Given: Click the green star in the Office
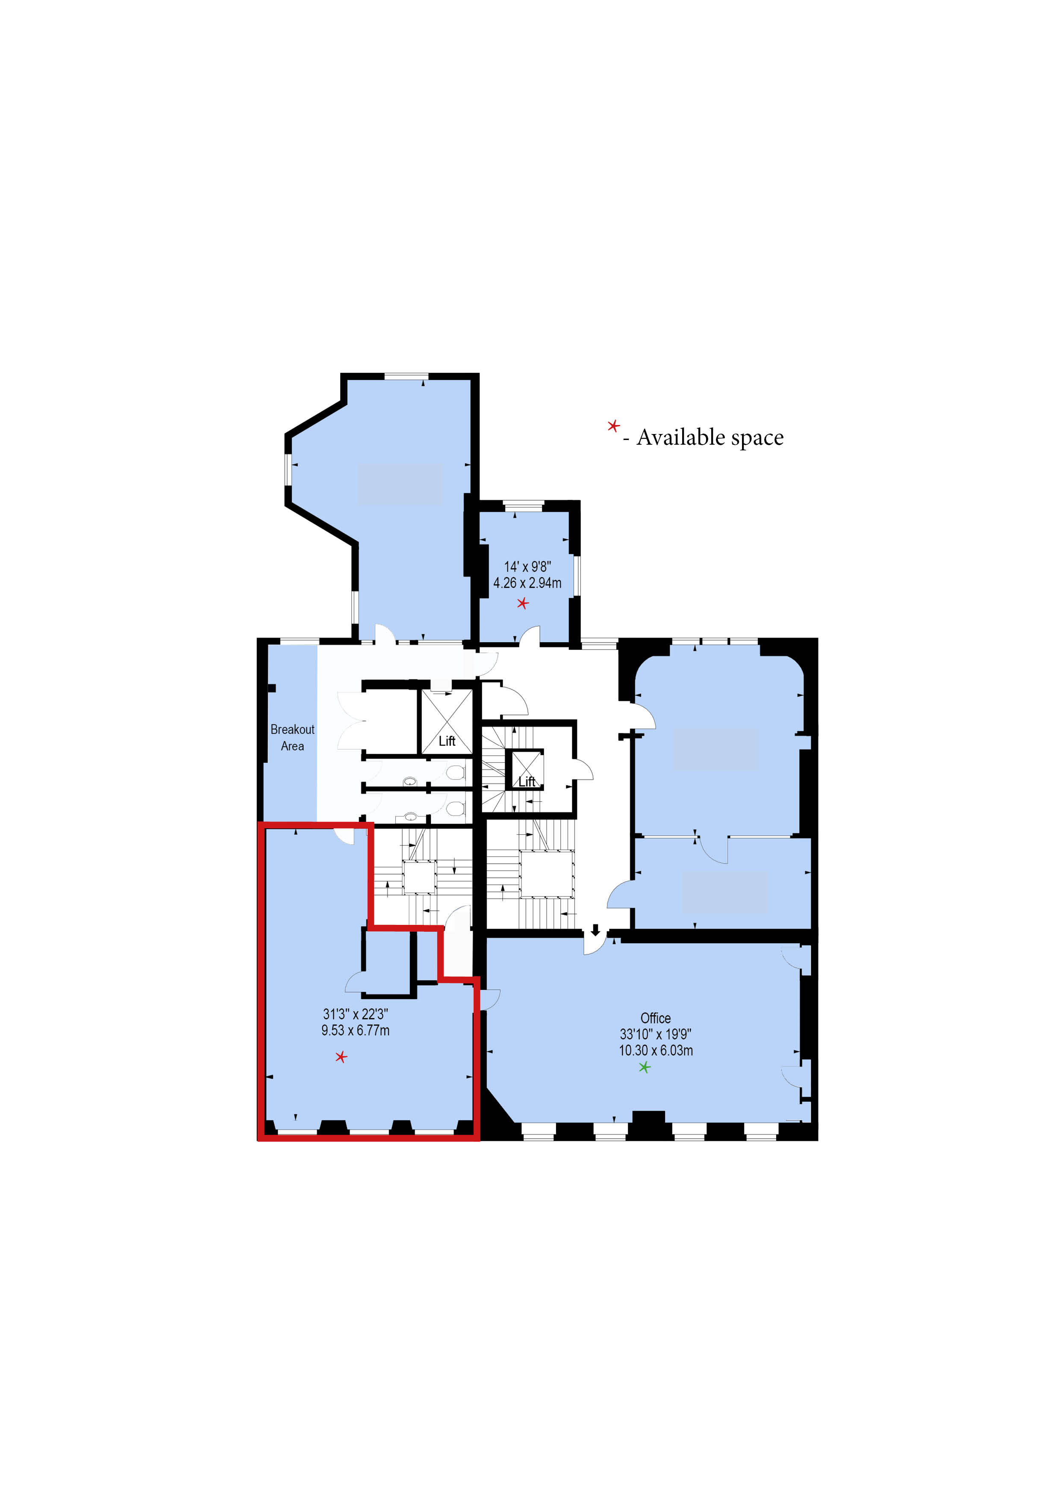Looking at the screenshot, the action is coord(645,1068).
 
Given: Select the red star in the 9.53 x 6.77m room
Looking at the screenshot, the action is coord(341,1057).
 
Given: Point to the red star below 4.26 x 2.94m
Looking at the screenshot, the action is coord(522,603).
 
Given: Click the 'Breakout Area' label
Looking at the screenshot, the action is coord(293,738).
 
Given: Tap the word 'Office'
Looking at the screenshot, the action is coord(656,1018).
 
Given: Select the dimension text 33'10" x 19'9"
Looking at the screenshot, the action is coord(656,1034).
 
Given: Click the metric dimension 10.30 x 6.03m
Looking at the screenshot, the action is coord(656,1051).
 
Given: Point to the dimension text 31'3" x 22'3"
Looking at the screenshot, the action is coord(355,1014).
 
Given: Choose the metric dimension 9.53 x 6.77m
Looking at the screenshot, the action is coord(355,1030).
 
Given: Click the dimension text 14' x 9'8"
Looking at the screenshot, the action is coord(527,567).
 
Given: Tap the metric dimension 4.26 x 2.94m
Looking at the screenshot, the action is coord(527,583).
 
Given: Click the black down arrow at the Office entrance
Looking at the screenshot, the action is coord(595,929).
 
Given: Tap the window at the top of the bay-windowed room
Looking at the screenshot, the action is coord(406,376).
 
